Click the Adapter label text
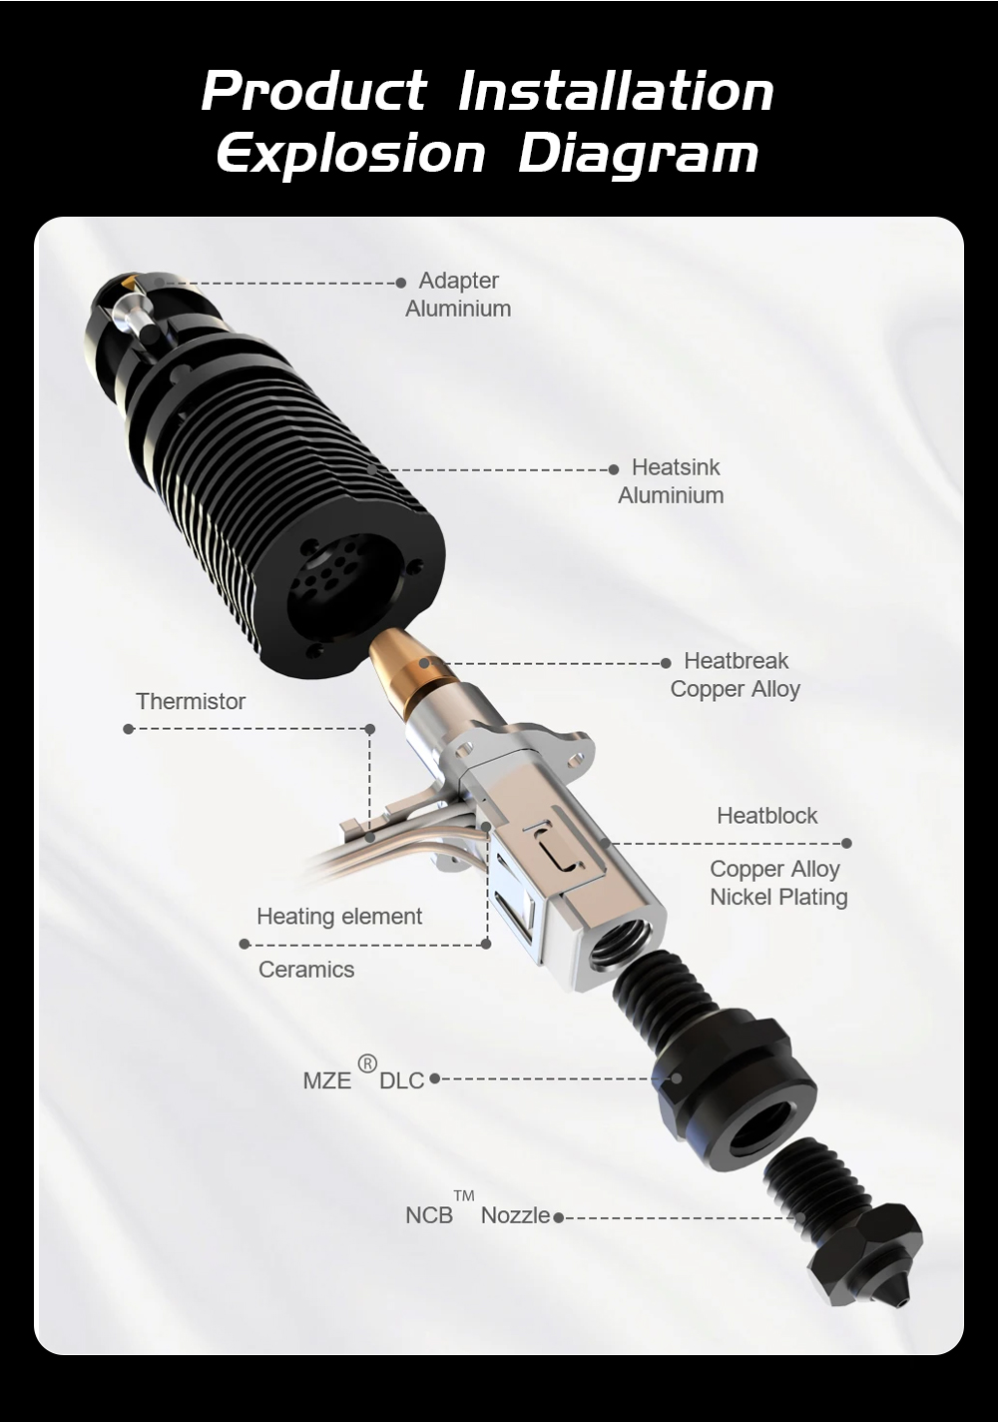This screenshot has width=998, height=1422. (x=459, y=280)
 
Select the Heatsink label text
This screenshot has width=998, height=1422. (x=676, y=467)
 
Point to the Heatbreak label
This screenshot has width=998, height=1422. (x=736, y=661)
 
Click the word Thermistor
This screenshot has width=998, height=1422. (x=191, y=701)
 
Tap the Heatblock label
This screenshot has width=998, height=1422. (x=767, y=816)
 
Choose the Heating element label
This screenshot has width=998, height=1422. (x=339, y=916)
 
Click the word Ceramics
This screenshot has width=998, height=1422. (x=306, y=970)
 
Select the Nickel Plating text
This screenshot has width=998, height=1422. (x=778, y=897)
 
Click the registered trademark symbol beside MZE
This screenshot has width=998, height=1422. (x=367, y=1064)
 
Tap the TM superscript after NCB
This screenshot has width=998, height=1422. (x=464, y=1196)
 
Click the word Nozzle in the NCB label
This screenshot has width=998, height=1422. (x=515, y=1215)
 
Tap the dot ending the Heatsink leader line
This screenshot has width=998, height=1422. (x=613, y=469)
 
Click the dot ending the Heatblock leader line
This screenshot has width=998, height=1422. (x=846, y=843)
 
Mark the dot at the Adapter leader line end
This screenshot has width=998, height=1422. (x=400, y=283)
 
